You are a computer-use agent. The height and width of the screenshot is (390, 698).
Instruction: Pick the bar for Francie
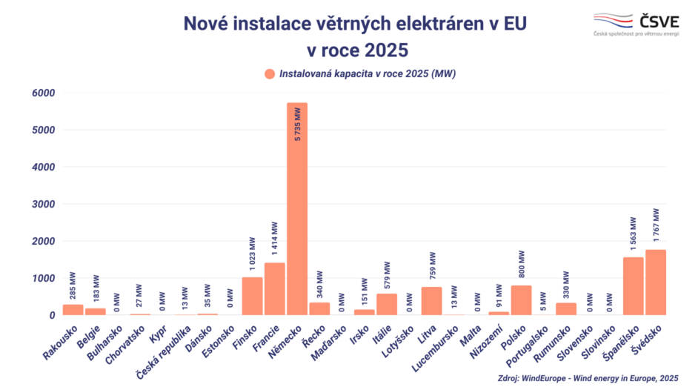tap(274, 289)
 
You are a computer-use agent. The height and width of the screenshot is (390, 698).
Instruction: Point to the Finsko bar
tap(252, 296)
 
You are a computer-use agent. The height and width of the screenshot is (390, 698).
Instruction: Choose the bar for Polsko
tap(521, 300)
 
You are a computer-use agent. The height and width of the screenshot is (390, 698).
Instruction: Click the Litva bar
tap(431, 301)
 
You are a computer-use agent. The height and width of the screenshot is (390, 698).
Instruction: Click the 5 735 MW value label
tap(297, 125)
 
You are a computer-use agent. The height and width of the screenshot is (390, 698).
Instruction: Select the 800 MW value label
tap(521, 263)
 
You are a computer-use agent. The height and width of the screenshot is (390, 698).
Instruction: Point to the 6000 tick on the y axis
tap(43, 93)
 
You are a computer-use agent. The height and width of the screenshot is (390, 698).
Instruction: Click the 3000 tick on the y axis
tap(43, 204)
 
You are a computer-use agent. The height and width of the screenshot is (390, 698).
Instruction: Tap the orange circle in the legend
tap(269, 73)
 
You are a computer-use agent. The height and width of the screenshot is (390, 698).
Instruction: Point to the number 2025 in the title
tap(382, 50)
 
